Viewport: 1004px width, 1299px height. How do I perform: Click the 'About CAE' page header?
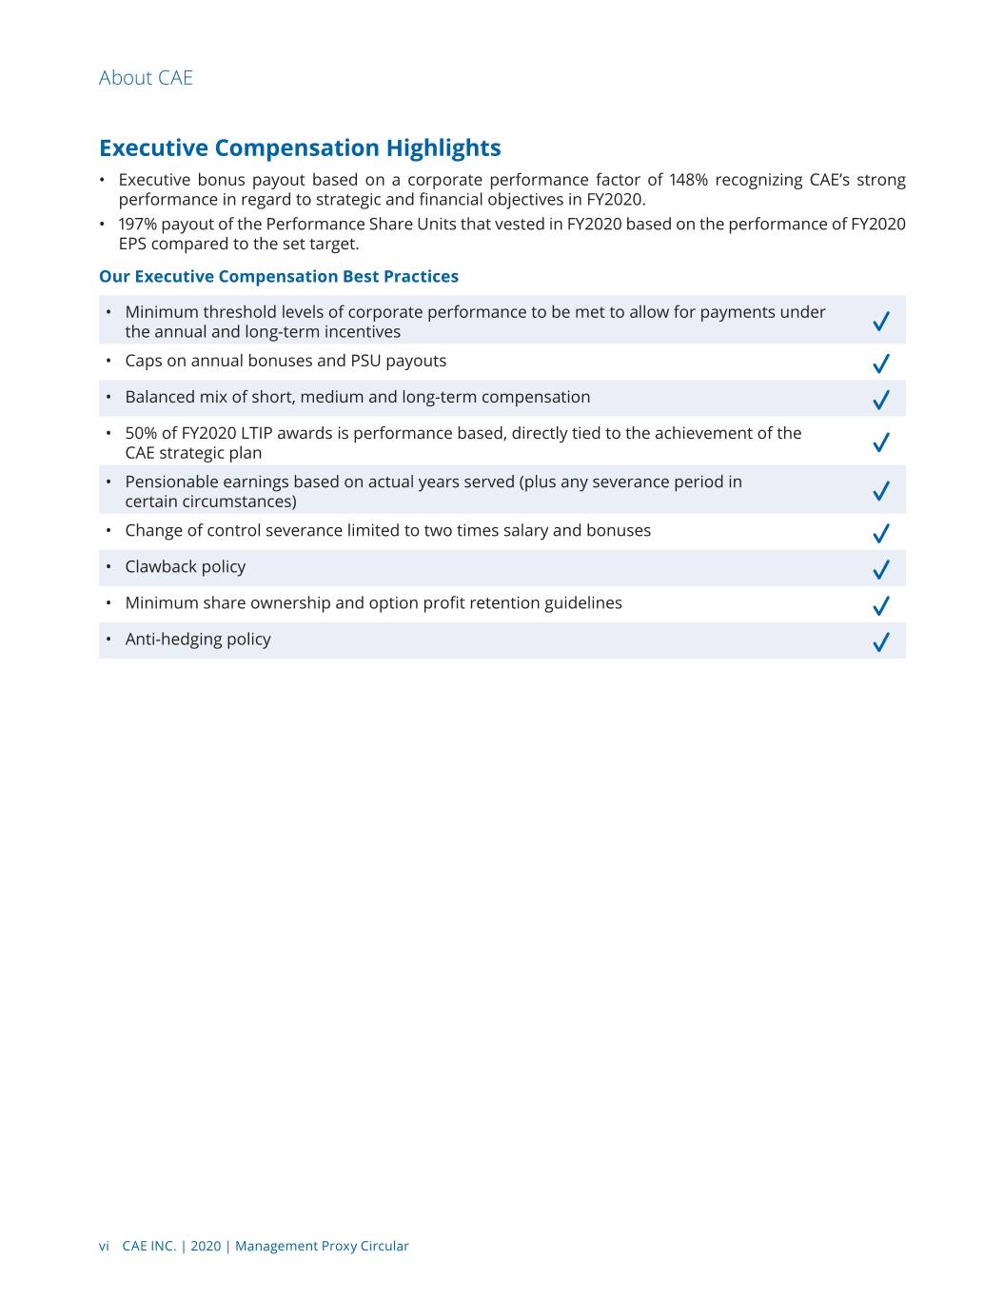[x=146, y=78]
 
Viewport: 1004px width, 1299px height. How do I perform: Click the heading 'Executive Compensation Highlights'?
[x=300, y=148]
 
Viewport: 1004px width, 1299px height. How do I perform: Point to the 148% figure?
[x=688, y=180]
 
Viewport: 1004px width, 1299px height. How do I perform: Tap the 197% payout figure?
[x=137, y=224]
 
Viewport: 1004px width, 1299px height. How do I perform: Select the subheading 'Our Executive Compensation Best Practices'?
[x=279, y=277]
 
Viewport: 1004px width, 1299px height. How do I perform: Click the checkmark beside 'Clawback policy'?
[x=881, y=569]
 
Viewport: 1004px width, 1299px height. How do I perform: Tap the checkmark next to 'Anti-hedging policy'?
[x=881, y=642]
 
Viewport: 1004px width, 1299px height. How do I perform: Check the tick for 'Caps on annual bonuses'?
[x=881, y=364]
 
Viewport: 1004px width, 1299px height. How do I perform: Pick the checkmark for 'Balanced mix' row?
[x=881, y=400]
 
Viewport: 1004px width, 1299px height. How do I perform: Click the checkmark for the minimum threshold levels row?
[x=881, y=322]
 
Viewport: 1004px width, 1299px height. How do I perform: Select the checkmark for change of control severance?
[x=881, y=533]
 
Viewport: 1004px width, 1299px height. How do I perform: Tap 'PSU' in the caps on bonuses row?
[x=365, y=361]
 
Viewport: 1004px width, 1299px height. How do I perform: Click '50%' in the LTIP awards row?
[x=141, y=433]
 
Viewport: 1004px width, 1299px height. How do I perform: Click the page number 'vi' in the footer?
[x=104, y=1246]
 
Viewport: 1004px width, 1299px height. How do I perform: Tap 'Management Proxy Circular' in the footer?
[x=322, y=1246]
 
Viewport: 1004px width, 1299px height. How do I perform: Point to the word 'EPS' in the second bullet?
[x=133, y=244]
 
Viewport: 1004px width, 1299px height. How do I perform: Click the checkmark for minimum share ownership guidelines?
[x=881, y=605]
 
